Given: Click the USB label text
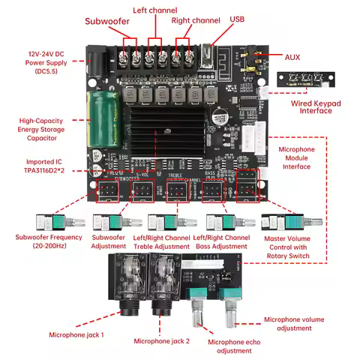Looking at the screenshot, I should pos(238,19).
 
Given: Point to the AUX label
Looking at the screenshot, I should pos(294,57).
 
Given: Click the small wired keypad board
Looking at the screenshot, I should pos(305,79).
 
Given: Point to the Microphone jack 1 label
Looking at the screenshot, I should pos(76,334).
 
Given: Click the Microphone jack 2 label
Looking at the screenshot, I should pos(161,341).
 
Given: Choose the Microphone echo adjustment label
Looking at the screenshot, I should pos(223,346).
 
